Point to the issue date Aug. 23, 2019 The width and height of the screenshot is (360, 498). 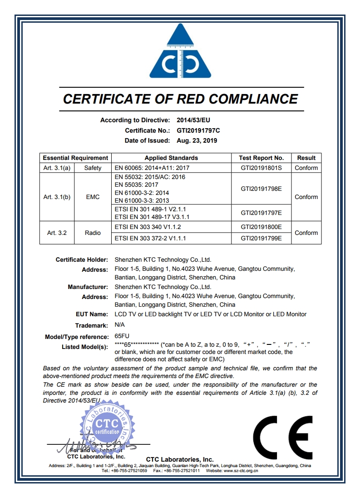(x=197, y=140)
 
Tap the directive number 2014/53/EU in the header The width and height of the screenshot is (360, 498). (x=193, y=120)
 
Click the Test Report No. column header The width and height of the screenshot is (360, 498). (x=261, y=158)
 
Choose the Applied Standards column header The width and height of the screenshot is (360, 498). (x=171, y=158)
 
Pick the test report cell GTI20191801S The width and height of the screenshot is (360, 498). (x=261, y=168)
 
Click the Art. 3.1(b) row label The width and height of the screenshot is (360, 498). (x=57, y=197)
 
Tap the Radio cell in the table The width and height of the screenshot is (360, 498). (x=93, y=233)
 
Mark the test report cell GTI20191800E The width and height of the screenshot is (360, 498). (x=261, y=227)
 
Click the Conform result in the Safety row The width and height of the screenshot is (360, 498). (x=306, y=168)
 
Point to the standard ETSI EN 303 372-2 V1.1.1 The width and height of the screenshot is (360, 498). (x=157, y=238)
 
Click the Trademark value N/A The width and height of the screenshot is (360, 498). (x=119, y=325)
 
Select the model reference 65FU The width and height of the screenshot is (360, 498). (x=122, y=337)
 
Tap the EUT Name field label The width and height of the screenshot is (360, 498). (x=92, y=314)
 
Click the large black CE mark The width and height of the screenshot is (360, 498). (x=282, y=438)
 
